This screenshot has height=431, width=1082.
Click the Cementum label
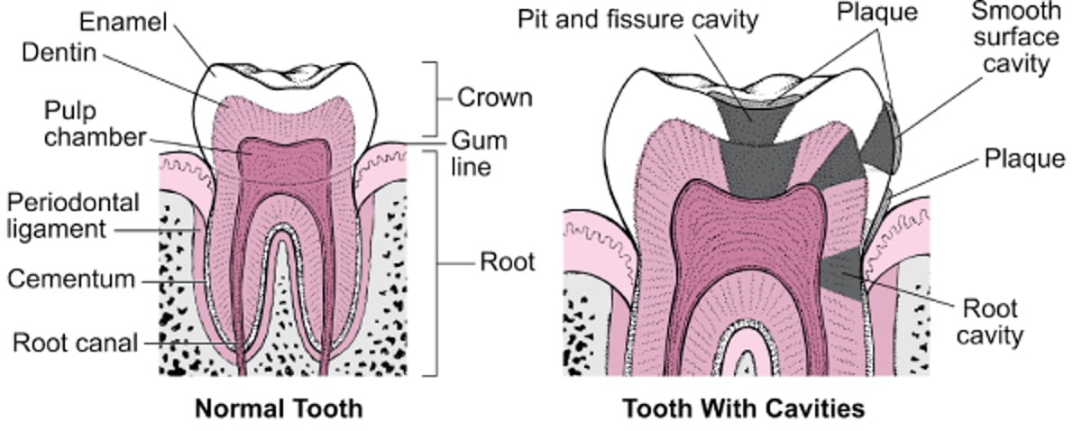point(71,279)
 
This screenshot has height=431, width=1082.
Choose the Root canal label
point(75,343)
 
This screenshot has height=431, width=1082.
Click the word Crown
point(494,97)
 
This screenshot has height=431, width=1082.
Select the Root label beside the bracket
point(507,262)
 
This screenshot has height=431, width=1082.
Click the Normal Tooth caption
point(279,408)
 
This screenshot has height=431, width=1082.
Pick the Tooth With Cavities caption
point(743,408)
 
